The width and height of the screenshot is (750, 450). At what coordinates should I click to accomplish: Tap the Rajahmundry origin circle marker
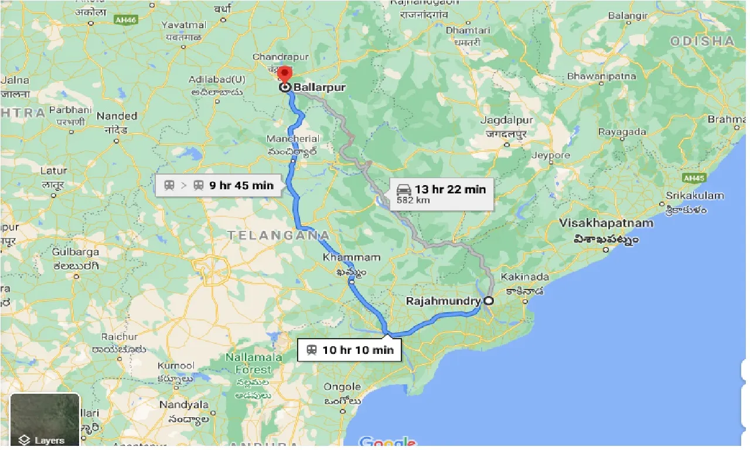(x=488, y=301)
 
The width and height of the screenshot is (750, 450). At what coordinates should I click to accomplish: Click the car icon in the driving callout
(x=404, y=189)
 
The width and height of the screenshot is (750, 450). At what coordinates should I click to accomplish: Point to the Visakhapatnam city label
(x=606, y=223)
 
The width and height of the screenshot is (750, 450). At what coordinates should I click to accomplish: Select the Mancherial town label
(x=293, y=139)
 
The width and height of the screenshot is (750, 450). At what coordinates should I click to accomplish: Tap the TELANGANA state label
(x=278, y=236)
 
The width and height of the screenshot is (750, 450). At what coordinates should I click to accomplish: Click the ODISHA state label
(x=701, y=41)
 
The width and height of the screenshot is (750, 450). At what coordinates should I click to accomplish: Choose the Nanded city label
(x=117, y=116)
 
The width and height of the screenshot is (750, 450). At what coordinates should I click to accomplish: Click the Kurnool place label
(x=175, y=366)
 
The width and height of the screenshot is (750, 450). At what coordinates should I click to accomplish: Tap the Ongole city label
(x=342, y=387)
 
